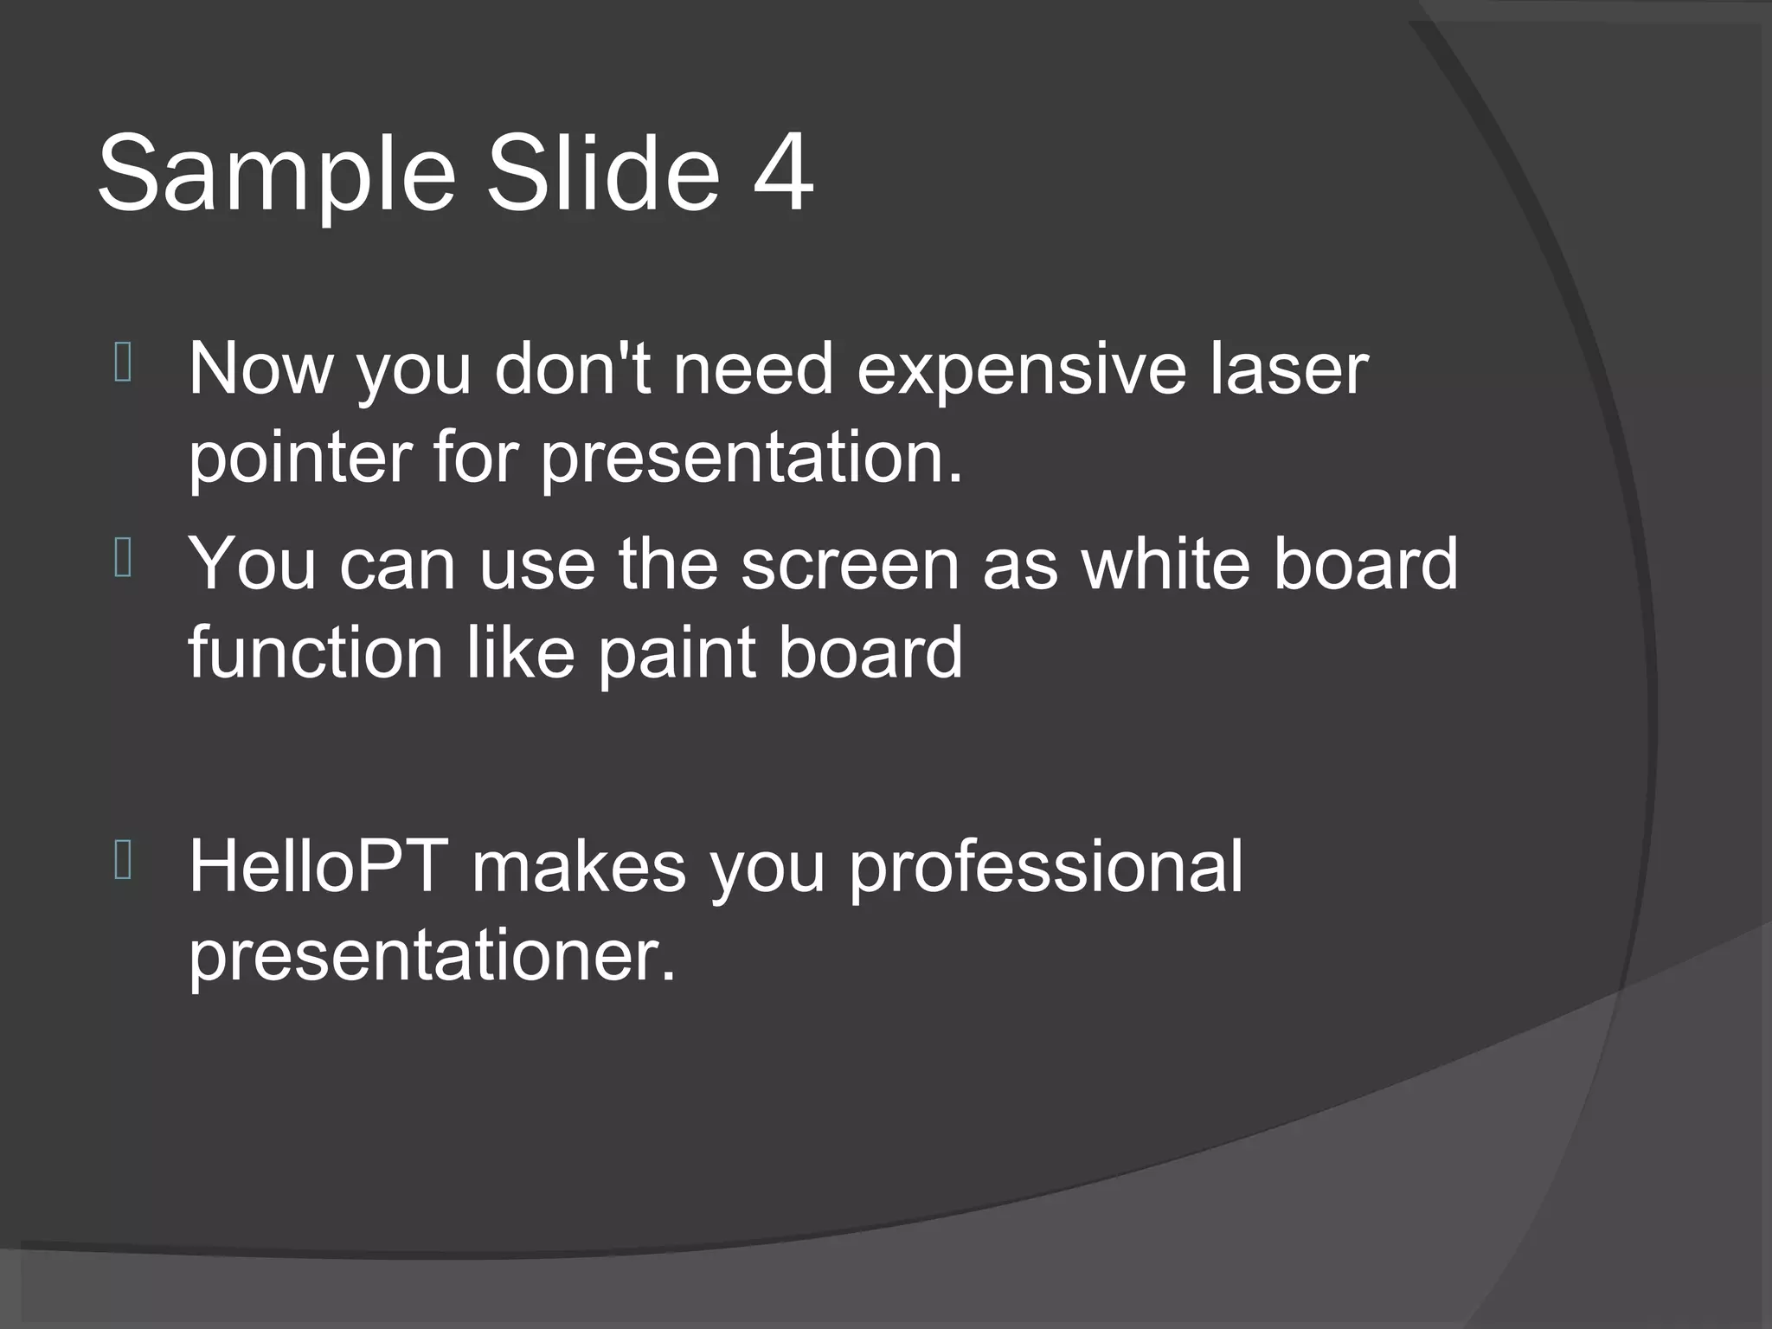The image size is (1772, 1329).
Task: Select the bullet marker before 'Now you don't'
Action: tap(122, 363)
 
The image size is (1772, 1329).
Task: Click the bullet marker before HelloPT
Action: tap(122, 861)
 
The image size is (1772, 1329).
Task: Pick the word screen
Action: tap(850, 564)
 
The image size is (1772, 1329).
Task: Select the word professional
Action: tap(1045, 868)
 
